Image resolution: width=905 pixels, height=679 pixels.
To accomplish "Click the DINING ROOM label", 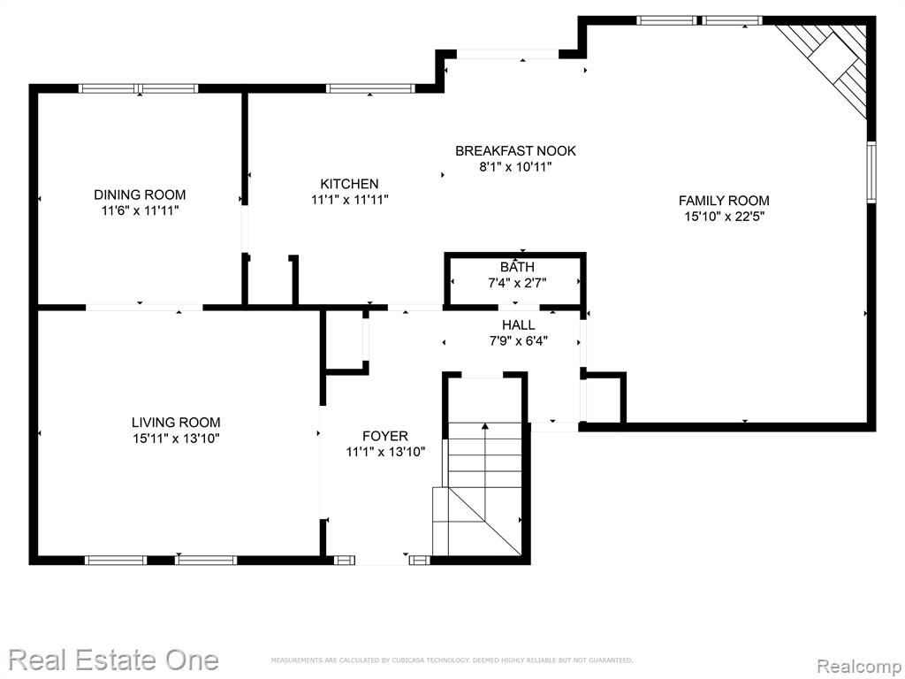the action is (140, 195).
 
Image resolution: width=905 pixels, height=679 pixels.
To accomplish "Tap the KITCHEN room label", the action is (349, 184).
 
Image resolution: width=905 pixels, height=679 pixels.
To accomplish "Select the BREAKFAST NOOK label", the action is (515, 150).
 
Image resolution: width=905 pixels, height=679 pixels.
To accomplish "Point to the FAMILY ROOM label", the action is (724, 201).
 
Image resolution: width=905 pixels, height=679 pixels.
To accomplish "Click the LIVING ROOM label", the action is (176, 422).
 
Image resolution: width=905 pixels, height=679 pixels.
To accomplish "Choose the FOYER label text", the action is (385, 436).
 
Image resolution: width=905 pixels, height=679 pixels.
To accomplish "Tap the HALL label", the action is (518, 325).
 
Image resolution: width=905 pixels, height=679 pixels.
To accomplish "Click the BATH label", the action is (517, 267).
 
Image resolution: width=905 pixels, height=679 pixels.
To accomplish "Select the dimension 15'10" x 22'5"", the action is (725, 217).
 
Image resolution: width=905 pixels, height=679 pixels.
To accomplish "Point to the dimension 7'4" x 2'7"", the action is (517, 283).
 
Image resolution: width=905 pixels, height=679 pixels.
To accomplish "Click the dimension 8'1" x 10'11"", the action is (515, 167).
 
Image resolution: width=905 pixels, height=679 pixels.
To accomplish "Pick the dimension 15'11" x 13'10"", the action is (176, 439).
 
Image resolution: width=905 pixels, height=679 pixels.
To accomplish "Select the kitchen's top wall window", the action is (370, 88).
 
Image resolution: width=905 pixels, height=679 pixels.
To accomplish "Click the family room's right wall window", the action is (871, 172).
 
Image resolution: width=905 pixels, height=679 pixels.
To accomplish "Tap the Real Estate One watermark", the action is (114, 660).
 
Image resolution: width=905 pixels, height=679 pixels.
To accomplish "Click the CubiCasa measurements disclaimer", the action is (452, 660).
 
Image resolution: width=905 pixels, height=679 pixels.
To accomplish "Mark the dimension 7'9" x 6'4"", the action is (518, 341).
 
